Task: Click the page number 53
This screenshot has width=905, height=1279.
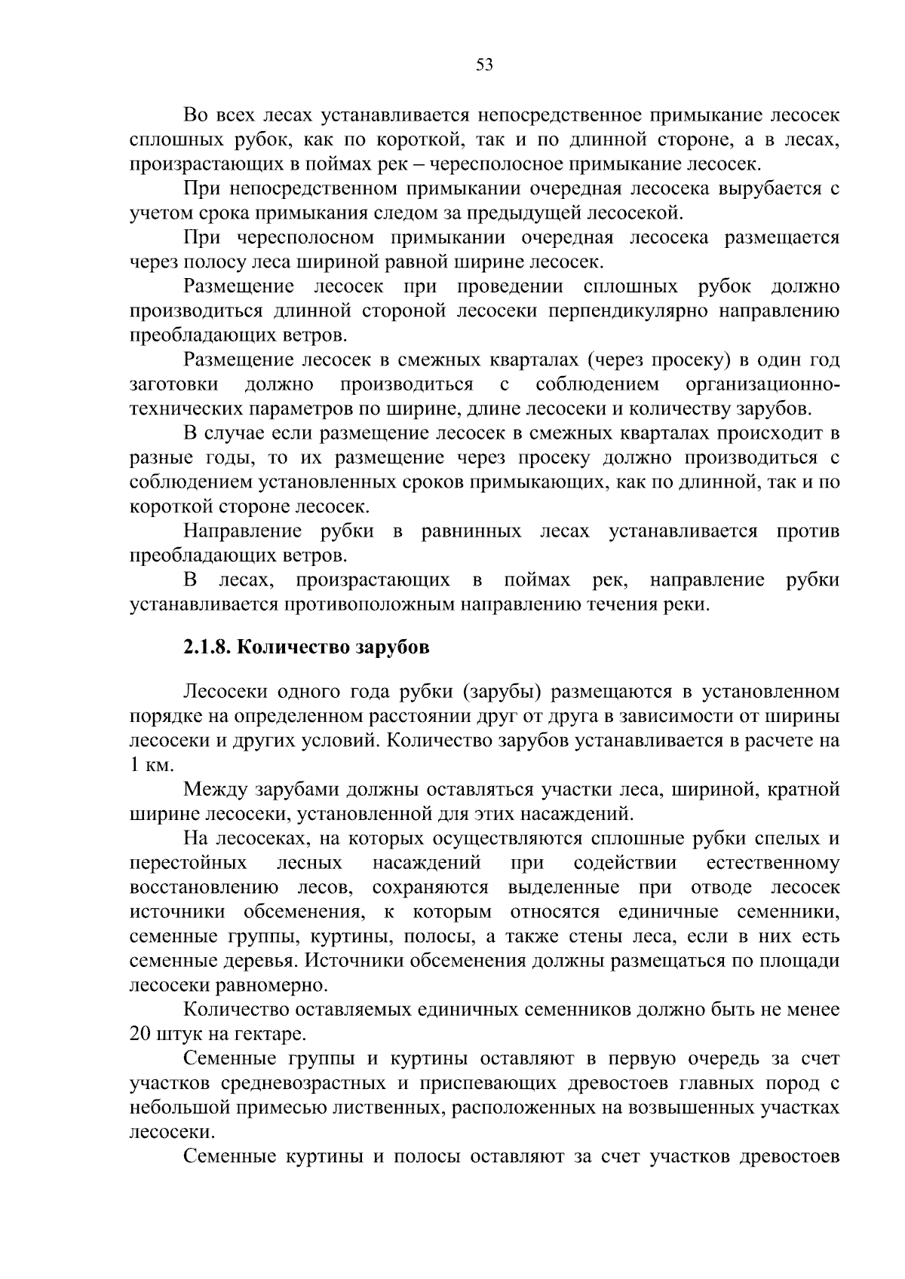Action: pos(484,65)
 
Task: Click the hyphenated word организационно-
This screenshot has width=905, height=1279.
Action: pos(762,384)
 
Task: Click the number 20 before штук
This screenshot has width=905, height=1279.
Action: pos(140,1033)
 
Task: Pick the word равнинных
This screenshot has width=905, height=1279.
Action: pos(471,531)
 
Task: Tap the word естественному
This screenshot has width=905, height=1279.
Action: pos(775,863)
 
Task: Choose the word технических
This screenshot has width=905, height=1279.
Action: pos(185,409)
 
